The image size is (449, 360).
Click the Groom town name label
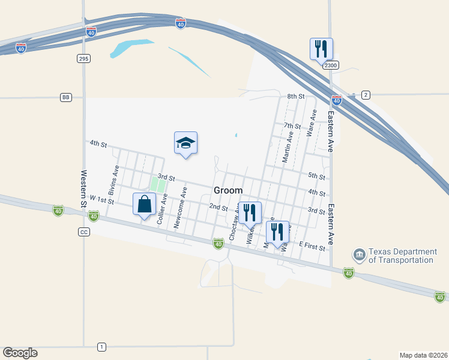(x=228, y=190)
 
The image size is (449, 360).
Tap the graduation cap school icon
(x=185, y=143)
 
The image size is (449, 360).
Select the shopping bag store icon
(x=144, y=205)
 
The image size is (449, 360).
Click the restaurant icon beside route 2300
(x=321, y=49)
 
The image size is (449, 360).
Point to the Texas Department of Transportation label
(x=401, y=256)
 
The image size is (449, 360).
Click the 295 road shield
(x=83, y=58)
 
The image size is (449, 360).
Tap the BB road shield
(x=66, y=97)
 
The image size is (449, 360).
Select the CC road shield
(x=83, y=232)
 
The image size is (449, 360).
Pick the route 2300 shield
(x=330, y=65)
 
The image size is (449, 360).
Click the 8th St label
(x=296, y=96)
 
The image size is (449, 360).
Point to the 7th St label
(x=292, y=126)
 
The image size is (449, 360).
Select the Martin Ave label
(x=288, y=148)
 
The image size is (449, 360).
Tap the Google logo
(x=20, y=353)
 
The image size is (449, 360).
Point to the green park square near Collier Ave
(x=157, y=185)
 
